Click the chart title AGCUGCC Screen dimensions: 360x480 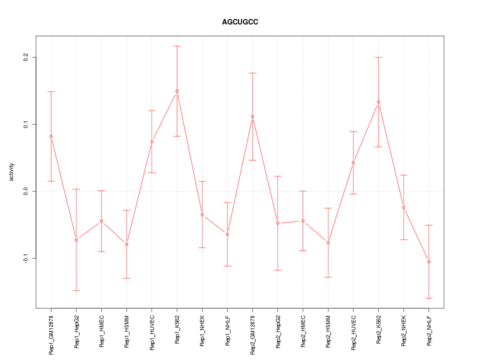point(240,22)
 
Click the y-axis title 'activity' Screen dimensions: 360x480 point(11,172)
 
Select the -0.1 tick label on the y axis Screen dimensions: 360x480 point(25,258)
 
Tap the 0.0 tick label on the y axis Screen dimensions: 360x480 point(25,191)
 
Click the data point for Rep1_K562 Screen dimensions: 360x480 point(177,91)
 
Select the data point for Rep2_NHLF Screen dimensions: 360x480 point(429,261)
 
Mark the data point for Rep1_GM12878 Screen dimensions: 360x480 point(51,136)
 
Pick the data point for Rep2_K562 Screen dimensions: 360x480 point(378,102)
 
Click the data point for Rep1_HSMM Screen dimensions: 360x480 point(126,244)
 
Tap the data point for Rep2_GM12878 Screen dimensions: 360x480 point(252,116)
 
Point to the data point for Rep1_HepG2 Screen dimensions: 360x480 point(76,240)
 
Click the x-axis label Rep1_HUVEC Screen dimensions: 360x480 point(152,331)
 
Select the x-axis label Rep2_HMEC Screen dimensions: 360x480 point(303,331)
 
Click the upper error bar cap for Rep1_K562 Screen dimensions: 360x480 point(177,46)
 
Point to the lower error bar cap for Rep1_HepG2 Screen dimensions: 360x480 point(76,290)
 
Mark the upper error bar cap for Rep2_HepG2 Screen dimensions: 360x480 point(278,176)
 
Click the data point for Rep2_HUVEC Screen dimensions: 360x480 point(353,162)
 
